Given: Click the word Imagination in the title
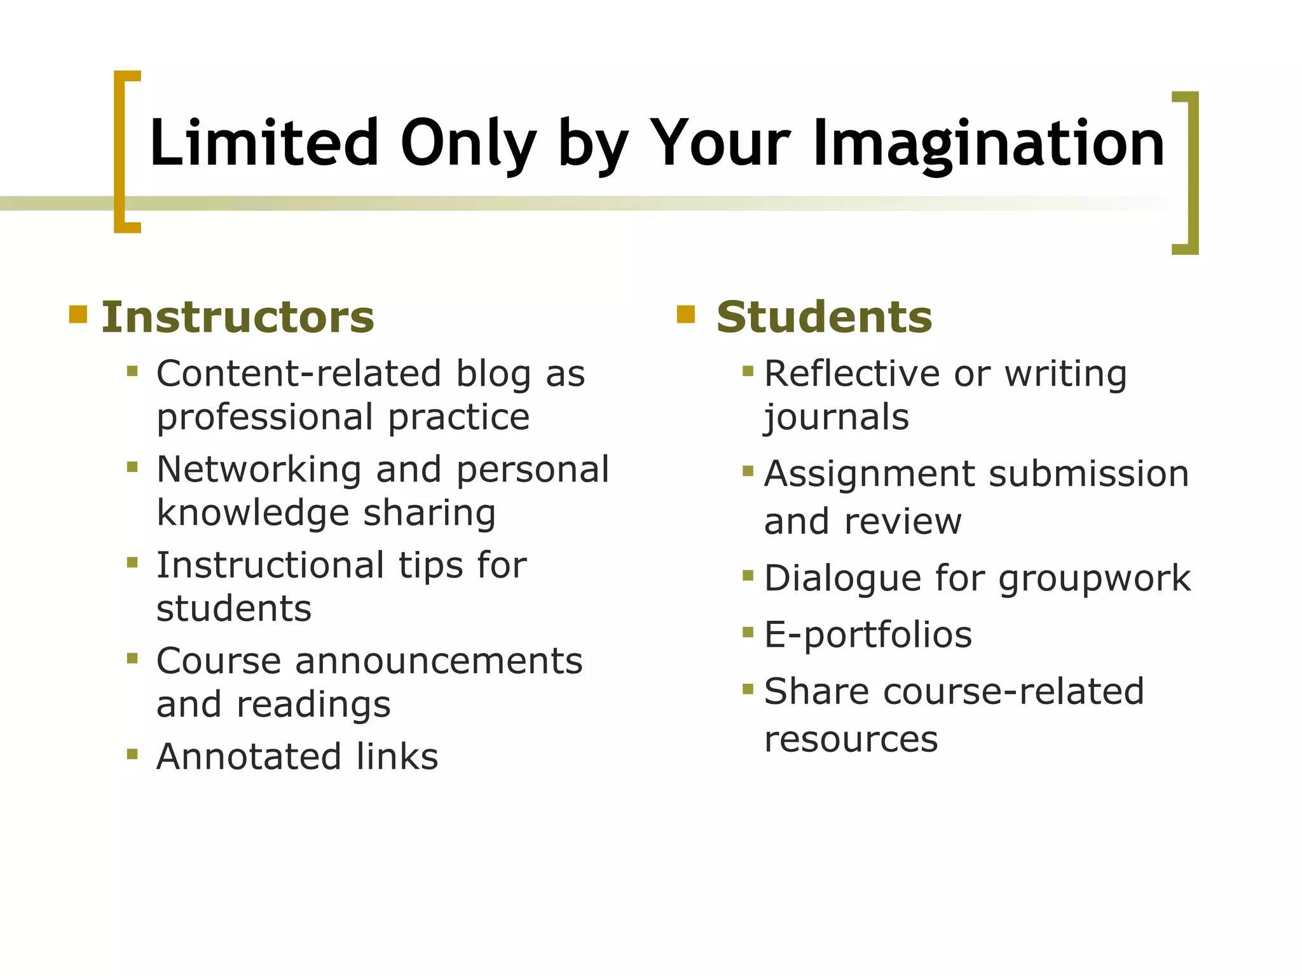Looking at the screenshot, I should [x=989, y=145].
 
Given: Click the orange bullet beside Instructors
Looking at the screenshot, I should [x=78, y=315].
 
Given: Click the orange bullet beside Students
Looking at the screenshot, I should [x=686, y=315].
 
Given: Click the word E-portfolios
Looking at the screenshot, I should [x=868, y=634].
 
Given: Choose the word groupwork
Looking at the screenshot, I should [x=1094, y=578].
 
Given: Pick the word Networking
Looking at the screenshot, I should [x=259, y=470].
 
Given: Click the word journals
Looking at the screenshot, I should [x=837, y=417].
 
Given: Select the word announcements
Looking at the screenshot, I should [x=439, y=661].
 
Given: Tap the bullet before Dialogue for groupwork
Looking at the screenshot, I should [x=748, y=576].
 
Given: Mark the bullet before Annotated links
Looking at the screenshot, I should [x=132, y=754].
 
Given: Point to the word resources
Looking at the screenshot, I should [x=851, y=739].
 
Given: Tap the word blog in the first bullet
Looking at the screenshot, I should [x=493, y=374].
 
